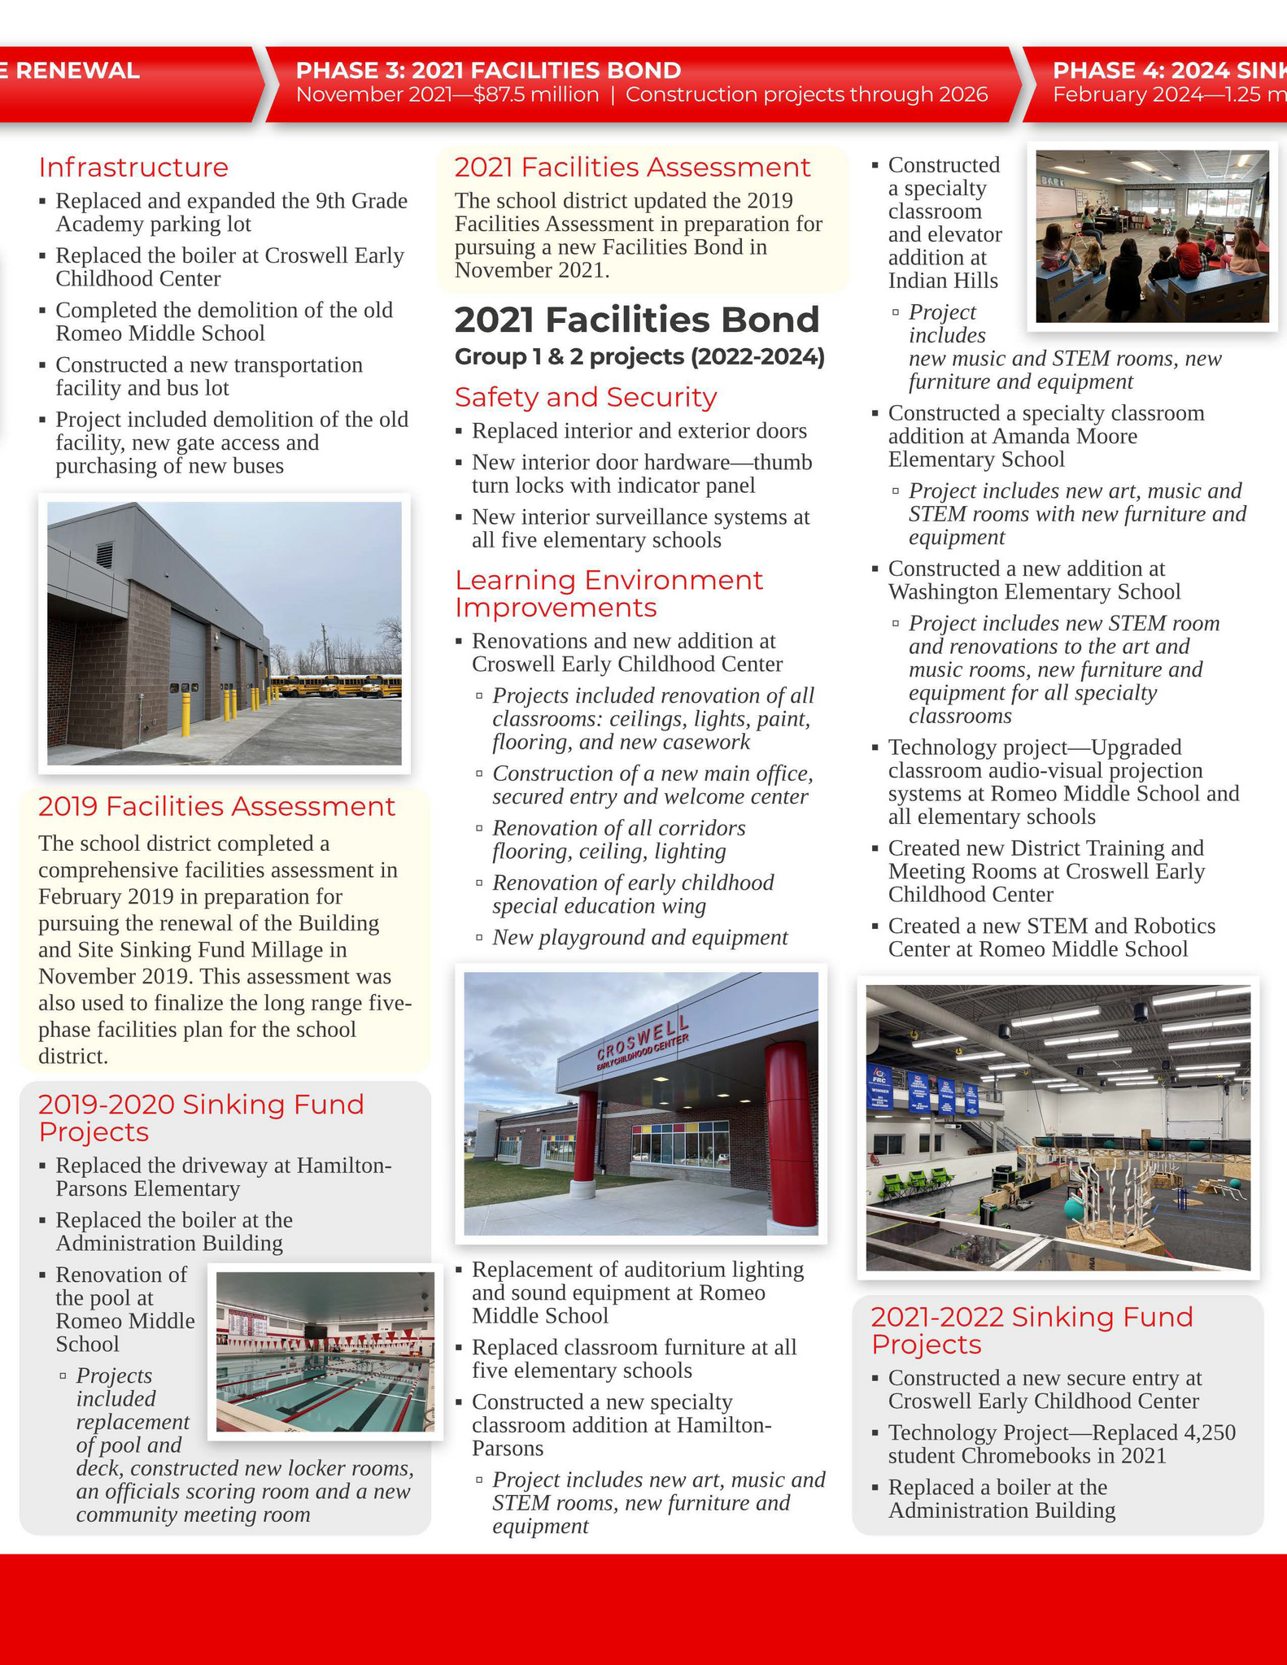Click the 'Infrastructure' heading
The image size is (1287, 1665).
point(133,168)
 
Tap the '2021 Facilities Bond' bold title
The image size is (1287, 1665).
point(636,320)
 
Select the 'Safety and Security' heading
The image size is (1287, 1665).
point(586,397)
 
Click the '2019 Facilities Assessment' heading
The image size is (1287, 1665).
point(216,806)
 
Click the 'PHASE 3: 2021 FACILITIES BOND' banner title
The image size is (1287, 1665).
point(488,71)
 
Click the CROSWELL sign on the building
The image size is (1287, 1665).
point(643,1040)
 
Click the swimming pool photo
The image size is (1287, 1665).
point(325,1352)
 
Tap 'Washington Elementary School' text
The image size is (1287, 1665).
point(1034,592)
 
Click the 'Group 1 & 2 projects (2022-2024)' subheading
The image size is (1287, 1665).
point(639,357)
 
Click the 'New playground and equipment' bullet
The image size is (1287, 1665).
point(639,938)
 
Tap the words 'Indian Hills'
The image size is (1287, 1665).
point(943,281)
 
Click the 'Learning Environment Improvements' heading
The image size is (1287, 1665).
point(609,594)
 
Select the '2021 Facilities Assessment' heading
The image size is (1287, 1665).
point(632,168)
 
